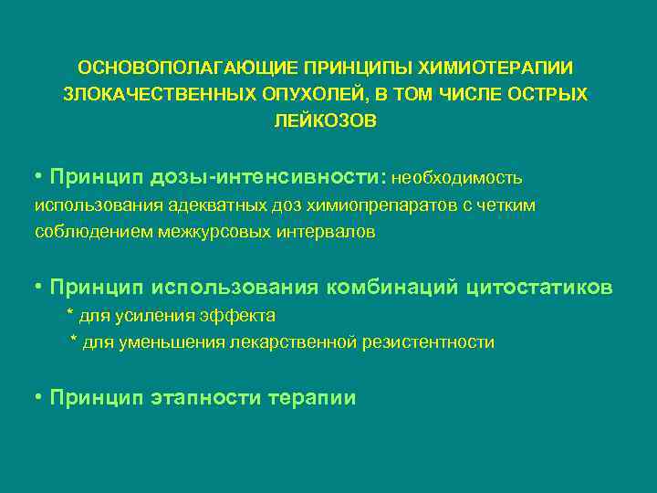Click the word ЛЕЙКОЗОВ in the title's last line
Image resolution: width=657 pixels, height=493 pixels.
pyautogui.click(x=325, y=121)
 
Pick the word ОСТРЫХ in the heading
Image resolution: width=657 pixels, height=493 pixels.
pyautogui.click(x=549, y=94)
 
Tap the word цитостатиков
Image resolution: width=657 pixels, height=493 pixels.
pyautogui.click(x=540, y=288)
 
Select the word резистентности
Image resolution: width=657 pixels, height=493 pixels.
pyautogui.click(x=433, y=343)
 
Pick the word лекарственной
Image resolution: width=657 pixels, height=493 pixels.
pyautogui.click(x=312, y=343)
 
